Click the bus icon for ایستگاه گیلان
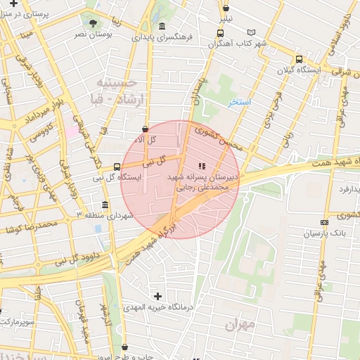[x=300, y=60]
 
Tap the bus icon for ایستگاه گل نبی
[x=117, y=167]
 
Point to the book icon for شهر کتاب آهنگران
[x=252, y=32]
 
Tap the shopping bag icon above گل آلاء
[x=145, y=129]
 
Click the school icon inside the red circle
[x=202, y=167]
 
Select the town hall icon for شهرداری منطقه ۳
[x=105, y=205]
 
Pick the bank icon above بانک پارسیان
[x=324, y=222]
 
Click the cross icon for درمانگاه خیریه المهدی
[x=157, y=297]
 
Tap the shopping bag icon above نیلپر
[x=226, y=8]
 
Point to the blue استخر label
[x=240, y=103]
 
